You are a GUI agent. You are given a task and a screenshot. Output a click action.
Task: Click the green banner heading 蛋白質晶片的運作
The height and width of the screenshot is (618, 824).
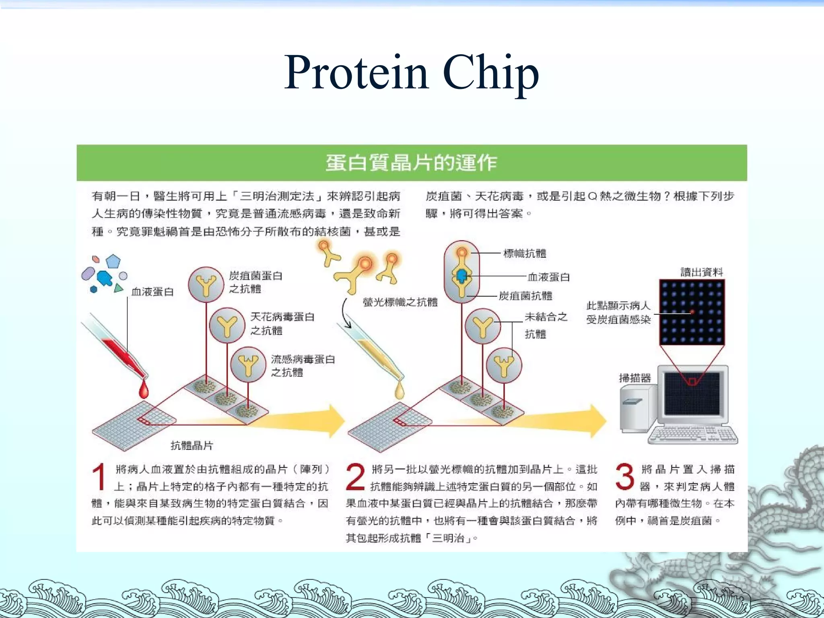[x=411, y=163]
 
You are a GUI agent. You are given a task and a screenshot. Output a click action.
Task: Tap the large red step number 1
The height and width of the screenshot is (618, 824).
[x=99, y=477]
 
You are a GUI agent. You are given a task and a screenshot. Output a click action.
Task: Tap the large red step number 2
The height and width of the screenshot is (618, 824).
[x=355, y=477]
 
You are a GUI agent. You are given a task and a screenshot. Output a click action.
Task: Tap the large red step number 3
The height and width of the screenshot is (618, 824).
[x=624, y=477]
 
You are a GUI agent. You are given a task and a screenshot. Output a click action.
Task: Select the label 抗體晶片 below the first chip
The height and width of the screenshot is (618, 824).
[x=192, y=445]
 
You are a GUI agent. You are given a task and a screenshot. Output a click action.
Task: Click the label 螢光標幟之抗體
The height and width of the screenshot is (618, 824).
[x=400, y=302]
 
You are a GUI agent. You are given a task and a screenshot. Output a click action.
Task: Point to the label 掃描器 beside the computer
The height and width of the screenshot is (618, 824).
[x=634, y=378]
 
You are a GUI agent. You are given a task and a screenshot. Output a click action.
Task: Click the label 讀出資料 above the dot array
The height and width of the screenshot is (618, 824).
[x=701, y=272]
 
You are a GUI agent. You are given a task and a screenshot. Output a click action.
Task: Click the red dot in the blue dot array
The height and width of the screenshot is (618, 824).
[x=692, y=312]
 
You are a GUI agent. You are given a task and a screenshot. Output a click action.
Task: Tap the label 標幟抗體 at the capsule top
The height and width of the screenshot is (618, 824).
[x=525, y=253]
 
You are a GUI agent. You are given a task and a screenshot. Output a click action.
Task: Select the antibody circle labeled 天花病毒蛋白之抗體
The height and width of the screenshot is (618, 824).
[x=227, y=325]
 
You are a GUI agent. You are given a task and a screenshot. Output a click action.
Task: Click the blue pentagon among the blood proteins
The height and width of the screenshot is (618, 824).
[x=113, y=262]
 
